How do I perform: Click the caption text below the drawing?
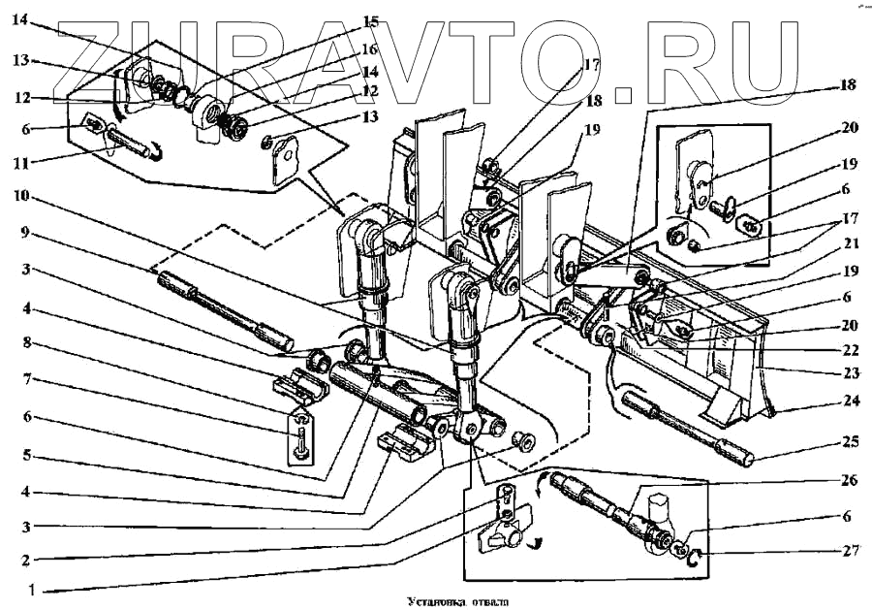coord(435,600)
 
